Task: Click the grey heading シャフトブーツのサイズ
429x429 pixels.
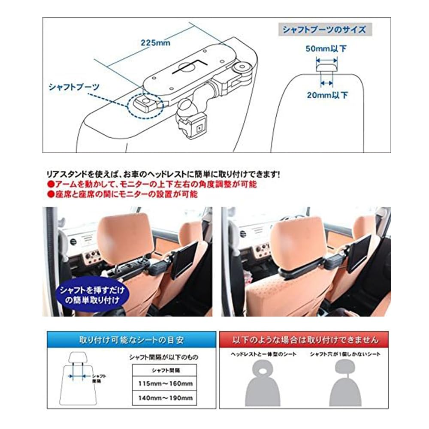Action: [324, 30]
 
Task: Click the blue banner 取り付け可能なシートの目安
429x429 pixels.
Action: [132, 340]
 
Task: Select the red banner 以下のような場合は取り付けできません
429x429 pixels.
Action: [305, 340]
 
